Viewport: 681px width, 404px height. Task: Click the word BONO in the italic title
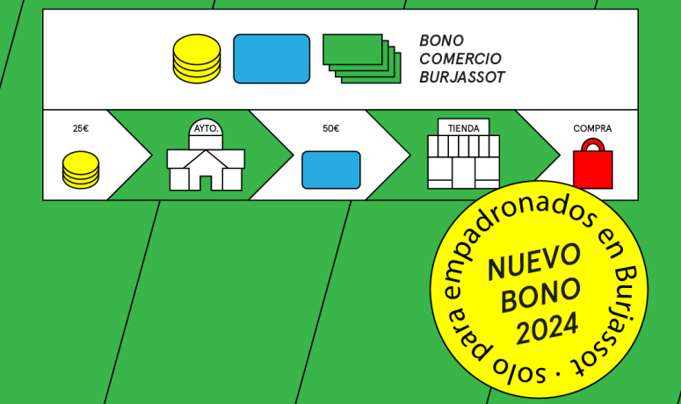tap(442, 40)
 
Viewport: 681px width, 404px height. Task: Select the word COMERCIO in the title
tap(460, 59)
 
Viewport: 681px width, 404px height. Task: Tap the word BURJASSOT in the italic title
tap(462, 77)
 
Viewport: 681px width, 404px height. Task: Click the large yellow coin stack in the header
tap(197, 59)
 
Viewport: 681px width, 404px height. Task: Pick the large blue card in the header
tap(272, 59)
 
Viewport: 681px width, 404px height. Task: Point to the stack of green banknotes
tap(362, 59)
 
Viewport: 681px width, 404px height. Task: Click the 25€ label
tap(81, 128)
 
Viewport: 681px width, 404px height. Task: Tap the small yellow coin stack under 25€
tap(81, 170)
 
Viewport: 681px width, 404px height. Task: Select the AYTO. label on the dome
tap(206, 129)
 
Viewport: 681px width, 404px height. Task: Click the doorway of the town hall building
tap(206, 183)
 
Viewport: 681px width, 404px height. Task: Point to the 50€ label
tap(331, 128)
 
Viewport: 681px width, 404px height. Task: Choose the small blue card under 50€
tap(331, 170)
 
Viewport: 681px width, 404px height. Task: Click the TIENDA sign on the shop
tap(463, 128)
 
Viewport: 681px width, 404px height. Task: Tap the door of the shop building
tap(464, 173)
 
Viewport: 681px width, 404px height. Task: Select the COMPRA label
tap(592, 128)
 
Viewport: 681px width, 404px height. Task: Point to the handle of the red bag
tap(593, 145)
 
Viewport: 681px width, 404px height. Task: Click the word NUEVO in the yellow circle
tap(534, 262)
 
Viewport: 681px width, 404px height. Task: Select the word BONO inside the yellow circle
tap(541, 295)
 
